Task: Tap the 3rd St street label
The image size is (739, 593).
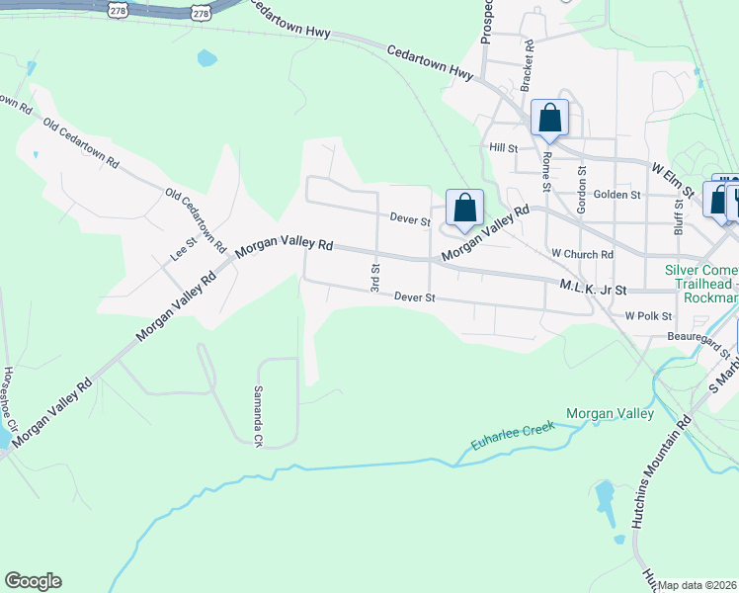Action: [375, 277]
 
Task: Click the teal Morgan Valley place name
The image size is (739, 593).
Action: [610, 413]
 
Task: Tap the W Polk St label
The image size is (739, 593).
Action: [648, 316]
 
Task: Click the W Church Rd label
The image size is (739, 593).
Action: [583, 254]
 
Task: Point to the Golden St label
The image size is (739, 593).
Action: [617, 195]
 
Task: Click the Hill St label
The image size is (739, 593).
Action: [504, 147]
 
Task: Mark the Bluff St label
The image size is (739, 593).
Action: [680, 215]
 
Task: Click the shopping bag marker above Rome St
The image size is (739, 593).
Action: [550, 118]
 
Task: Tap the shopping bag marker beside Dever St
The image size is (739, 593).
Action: [464, 208]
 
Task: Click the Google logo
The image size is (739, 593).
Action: [33, 581]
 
